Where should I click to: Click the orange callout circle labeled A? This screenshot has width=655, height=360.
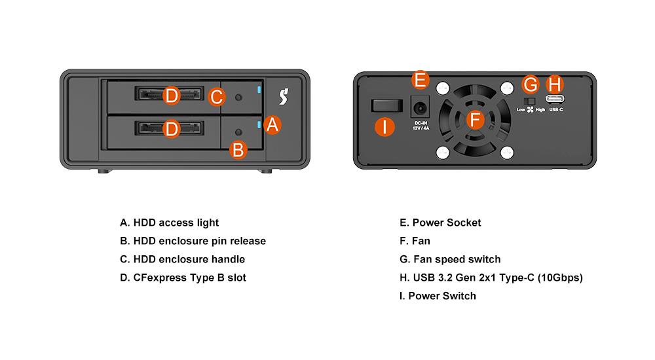click(x=273, y=125)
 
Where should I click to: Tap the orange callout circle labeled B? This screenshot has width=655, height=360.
click(x=238, y=150)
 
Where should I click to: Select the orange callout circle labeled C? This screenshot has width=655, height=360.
click(x=217, y=98)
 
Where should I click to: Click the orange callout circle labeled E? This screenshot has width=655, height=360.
click(x=421, y=81)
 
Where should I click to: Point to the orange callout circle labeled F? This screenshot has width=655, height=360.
click(x=476, y=120)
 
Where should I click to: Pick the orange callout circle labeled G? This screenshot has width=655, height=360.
click(x=531, y=84)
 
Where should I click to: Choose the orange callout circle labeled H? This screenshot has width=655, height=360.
click(x=555, y=84)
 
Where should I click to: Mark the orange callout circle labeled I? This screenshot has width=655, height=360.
click(x=385, y=127)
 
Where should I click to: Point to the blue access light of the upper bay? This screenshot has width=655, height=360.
click(x=261, y=90)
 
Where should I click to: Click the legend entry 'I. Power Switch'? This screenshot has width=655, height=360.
click(x=438, y=296)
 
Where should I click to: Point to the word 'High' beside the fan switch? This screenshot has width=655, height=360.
click(x=540, y=109)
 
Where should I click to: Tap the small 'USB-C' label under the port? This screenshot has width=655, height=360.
click(x=556, y=109)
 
